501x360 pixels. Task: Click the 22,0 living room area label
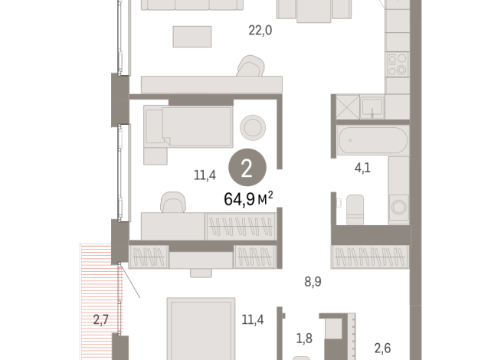(x=260, y=31)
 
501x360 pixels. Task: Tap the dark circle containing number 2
(x=246, y=169)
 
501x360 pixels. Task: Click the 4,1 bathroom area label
(x=362, y=169)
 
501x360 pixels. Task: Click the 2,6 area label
(x=382, y=347)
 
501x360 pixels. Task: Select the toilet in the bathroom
(x=355, y=208)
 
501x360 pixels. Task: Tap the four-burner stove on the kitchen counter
(x=398, y=64)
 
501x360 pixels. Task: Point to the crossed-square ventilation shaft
(x=344, y=106)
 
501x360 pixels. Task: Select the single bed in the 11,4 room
(x=188, y=126)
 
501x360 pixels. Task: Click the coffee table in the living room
(x=192, y=35)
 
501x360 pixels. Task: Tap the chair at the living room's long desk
(x=248, y=67)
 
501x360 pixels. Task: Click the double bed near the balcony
(x=200, y=329)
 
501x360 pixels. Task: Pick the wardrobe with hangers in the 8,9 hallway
(x=371, y=254)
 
